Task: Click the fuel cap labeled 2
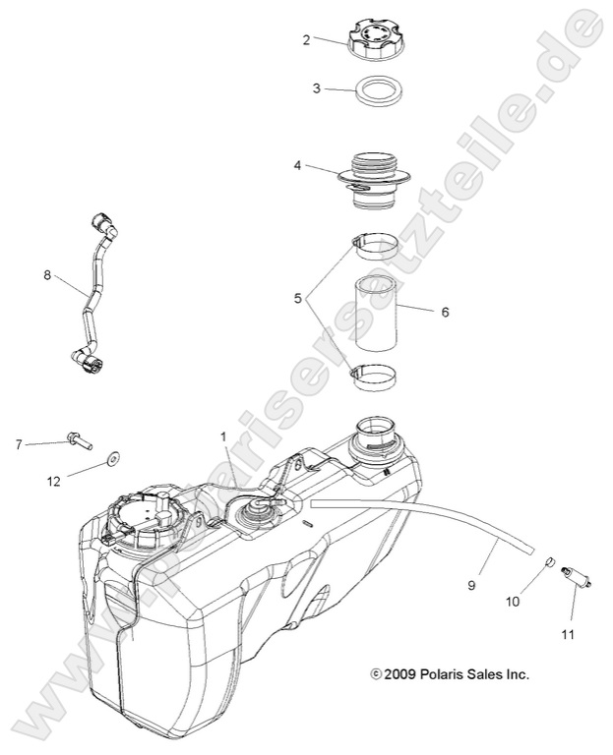point(371,40)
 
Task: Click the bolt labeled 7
point(78,439)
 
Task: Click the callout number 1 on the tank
point(223,436)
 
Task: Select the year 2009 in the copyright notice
point(401,674)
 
